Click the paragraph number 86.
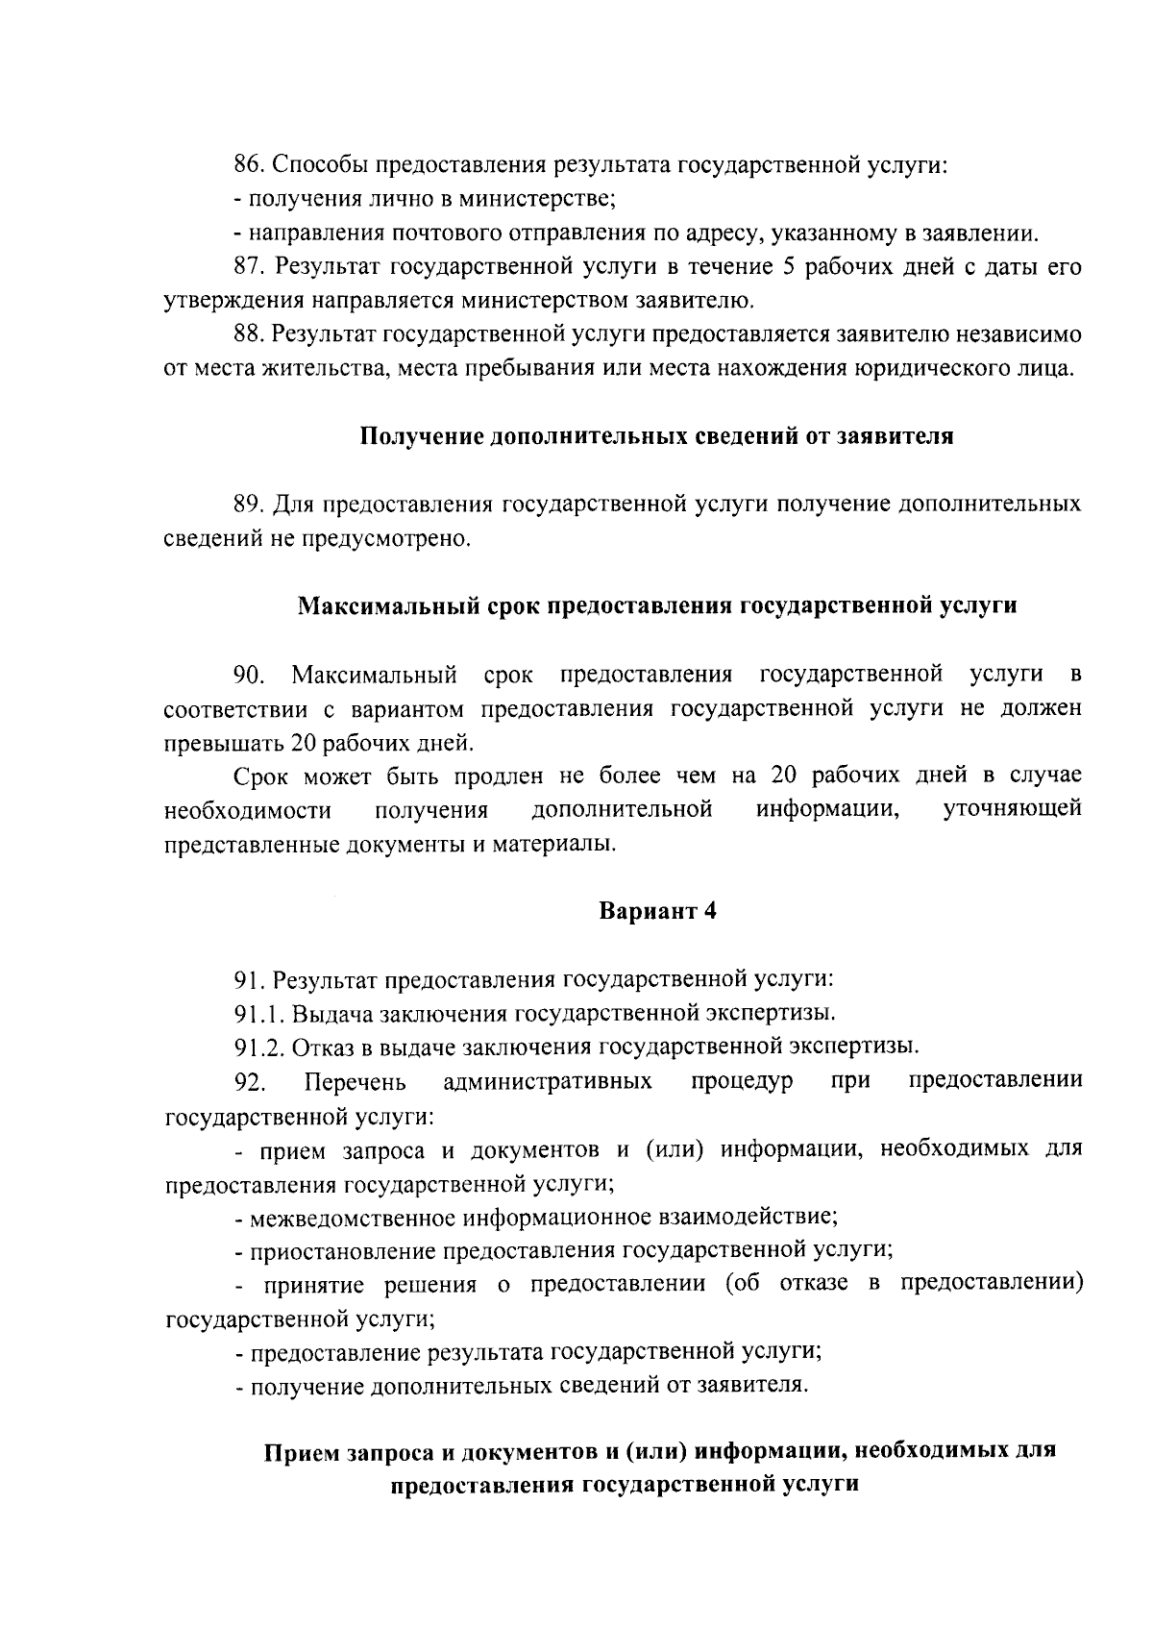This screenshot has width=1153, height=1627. click(x=250, y=164)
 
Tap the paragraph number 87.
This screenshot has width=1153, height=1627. click(x=250, y=266)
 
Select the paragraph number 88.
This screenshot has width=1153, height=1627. click(x=250, y=334)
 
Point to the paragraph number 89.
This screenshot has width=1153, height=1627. click(x=250, y=504)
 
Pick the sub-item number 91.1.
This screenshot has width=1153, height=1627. click(x=259, y=1013)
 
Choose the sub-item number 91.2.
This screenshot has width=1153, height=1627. click(x=259, y=1047)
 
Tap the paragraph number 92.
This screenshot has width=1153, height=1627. click(x=250, y=1082)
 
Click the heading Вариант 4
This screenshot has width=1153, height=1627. click(x=658, y=910)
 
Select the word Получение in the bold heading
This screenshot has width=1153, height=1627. click(x=421, y=436)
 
